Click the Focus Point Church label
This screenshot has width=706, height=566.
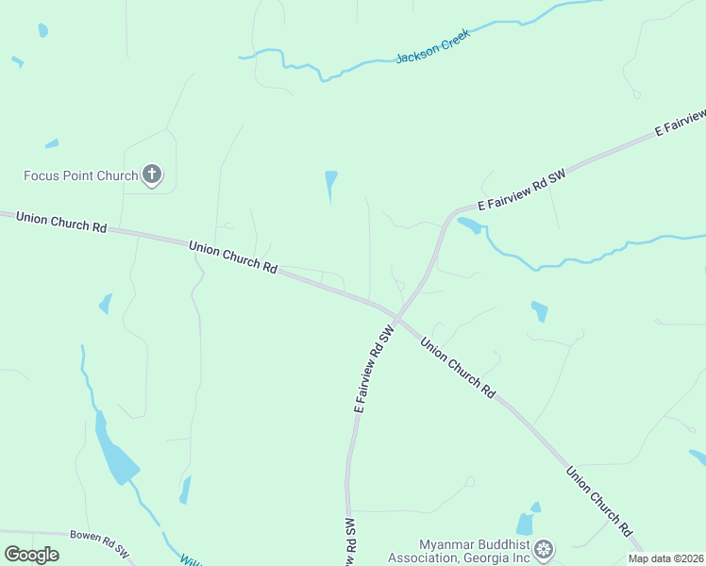81,176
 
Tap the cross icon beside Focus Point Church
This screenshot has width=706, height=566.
152,174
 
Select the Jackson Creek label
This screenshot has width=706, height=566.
432,51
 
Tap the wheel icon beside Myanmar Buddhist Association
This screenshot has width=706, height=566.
544,549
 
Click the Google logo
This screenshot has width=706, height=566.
31,555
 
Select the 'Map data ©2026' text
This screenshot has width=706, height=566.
666,558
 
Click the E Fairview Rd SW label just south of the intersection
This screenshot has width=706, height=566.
373,370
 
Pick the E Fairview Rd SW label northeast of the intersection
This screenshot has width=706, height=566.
520,191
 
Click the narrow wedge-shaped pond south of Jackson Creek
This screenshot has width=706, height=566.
330,184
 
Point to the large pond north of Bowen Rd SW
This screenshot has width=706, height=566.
114,458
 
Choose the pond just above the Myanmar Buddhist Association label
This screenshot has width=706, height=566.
526,524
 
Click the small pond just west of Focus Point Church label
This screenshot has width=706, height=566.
51,144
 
